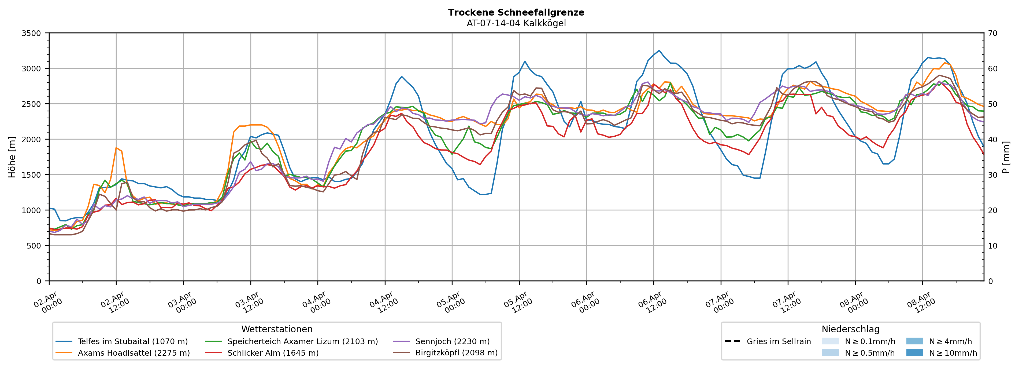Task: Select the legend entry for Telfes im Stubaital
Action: [132, 341]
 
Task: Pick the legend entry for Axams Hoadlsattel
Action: [134, 353]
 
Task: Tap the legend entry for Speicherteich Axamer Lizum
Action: [303, 341]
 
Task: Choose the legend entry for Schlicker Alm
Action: [273, 353]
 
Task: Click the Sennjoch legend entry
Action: [452, 341]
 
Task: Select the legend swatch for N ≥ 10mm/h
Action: [914, 352]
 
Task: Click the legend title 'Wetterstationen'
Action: [277, 329]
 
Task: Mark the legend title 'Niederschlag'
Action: [850, 329]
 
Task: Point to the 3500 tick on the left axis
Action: [31, 33]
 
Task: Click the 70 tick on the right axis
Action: [992, 33]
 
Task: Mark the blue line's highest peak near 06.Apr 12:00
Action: [659, 50]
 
